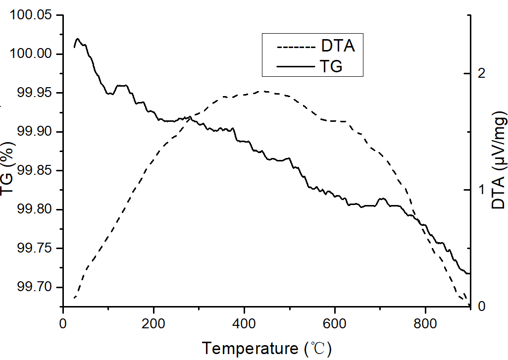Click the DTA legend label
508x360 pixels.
338,47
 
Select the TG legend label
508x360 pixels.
331,66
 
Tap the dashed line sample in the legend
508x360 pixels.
297,47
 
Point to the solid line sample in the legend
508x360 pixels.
297,66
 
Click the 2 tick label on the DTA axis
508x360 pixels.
480,73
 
